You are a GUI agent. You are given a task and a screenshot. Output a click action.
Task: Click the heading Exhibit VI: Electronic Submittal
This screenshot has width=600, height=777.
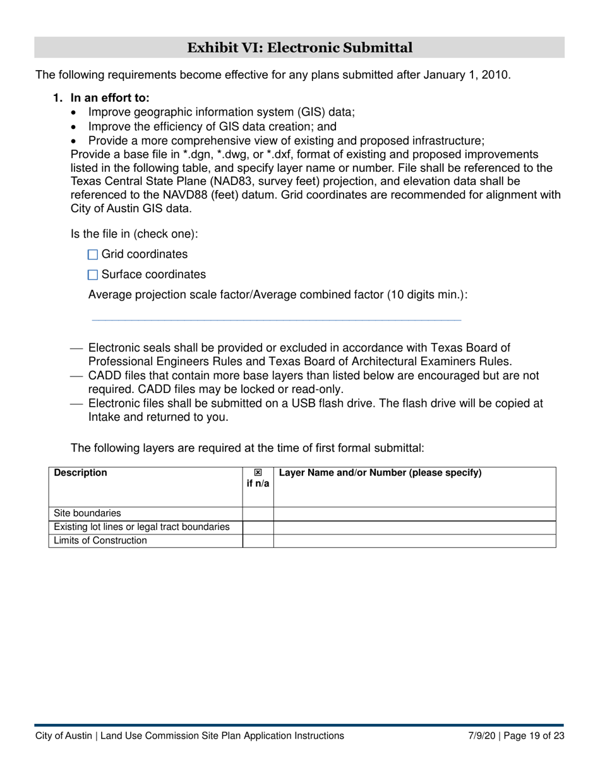click(x=299, y=47)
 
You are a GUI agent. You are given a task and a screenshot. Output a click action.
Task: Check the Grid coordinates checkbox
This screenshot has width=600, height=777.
click(x=93, y=255)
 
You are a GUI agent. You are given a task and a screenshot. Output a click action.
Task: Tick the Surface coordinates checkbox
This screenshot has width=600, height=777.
click(x=93, y=275)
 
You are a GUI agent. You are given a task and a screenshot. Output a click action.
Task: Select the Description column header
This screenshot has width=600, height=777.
click(x=81, y=473)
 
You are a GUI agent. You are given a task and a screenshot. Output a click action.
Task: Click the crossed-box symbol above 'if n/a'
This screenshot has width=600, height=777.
click(x=258, y=473)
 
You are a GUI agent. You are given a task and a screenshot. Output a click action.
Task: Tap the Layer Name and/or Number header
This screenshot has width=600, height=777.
click(x=380, y=473)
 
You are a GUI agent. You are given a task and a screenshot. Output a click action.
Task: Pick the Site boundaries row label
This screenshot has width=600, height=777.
click(x=87, y=513)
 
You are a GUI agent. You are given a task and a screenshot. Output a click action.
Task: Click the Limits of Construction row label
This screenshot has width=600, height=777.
click(x=100, y=541)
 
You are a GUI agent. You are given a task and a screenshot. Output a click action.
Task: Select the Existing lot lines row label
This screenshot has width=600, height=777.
click(x=141, y=527)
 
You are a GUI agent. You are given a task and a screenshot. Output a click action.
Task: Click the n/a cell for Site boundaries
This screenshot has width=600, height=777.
click(x=258, y=514)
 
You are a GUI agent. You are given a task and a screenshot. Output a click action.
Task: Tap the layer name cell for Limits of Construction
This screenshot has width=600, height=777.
click(x=414, y=541)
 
